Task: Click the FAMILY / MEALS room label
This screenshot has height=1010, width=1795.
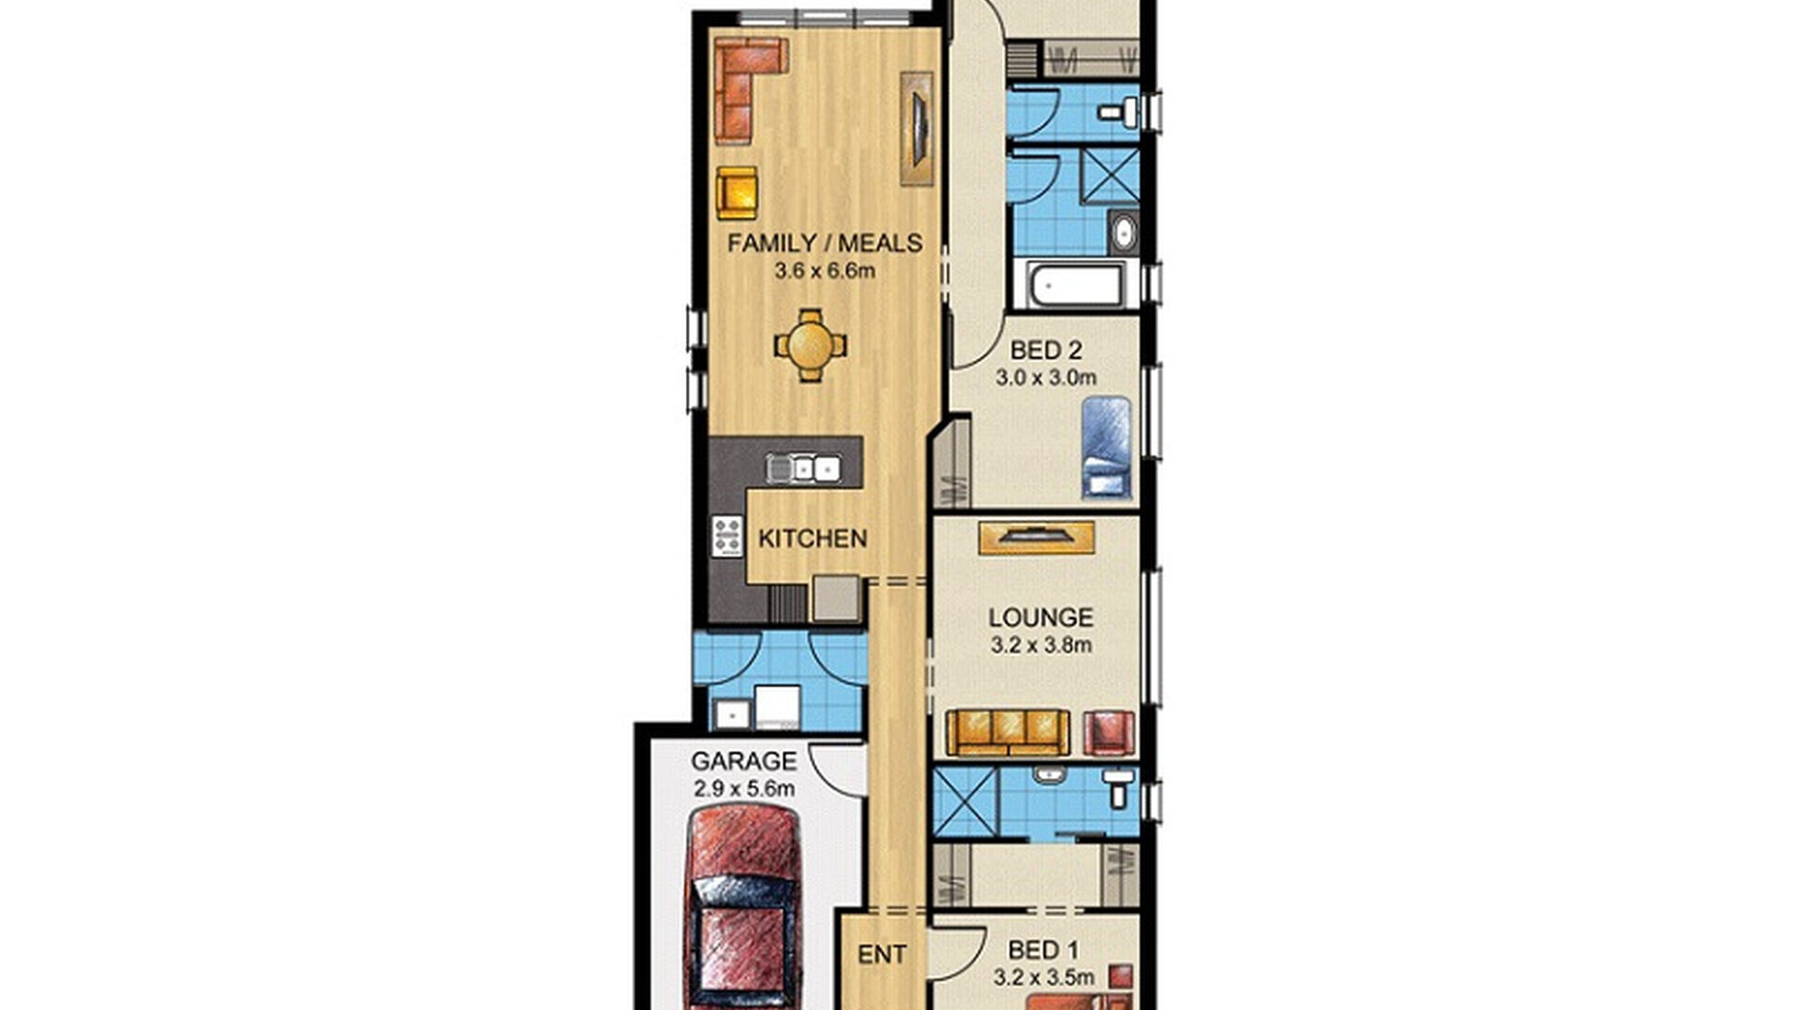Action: (x=825, y=243)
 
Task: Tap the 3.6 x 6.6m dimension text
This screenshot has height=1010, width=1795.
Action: (x=825, y=271)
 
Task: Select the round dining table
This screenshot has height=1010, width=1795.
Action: (x=811, y=345)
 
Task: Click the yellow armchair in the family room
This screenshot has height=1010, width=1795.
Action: (x=737, y=193)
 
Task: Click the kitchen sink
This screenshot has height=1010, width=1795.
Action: (x=803, y=467)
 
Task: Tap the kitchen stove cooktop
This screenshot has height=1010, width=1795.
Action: (x=726, y=537)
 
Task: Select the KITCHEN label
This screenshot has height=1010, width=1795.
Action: (x=812, y=539)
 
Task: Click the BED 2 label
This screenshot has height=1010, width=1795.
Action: (x=1046, y=351)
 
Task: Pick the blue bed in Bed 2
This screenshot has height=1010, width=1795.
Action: (x=1106, y=446)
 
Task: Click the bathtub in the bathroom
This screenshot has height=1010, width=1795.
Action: (x=1075, y=285)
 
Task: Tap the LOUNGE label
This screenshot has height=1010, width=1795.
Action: (x=1041, y=617)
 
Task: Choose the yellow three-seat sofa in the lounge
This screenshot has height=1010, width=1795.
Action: (x=1007, y=732)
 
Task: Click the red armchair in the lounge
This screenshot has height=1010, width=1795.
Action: (x=1109, y=732)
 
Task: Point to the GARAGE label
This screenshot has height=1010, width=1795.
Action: (x=744, y=761)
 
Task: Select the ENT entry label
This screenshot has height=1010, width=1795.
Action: (x=882, y=955)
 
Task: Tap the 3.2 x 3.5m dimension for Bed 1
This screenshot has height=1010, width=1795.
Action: (x=1043, y=978)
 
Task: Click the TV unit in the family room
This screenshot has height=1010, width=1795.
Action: (x=917, y=128)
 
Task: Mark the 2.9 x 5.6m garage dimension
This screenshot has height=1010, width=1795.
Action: (x=744, y=788)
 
